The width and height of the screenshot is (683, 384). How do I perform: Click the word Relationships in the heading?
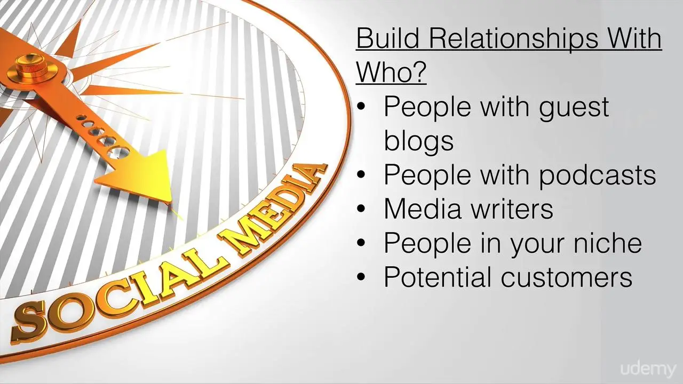pos(513,39)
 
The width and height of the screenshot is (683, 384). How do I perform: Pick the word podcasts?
pos(598,175)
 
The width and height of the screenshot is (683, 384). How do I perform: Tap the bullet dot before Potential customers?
pos(361,277)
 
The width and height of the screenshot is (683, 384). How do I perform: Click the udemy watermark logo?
pos(648,369)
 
